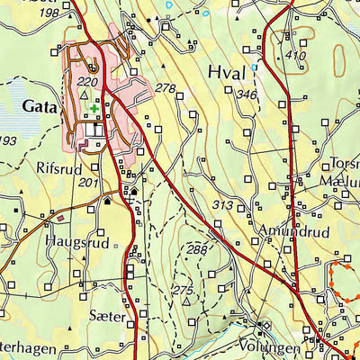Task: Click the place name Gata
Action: coord(37,105)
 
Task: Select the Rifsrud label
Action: coord(59,166)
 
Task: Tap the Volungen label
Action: coord(269,346)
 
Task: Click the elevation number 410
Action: coord(295,56)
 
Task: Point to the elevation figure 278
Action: coord(165,88)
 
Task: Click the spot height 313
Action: coord(223,206)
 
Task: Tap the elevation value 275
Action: coord(183,290)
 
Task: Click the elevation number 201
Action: coord(87,183)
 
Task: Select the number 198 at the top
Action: coord(49,13)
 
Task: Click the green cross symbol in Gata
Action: coord(94,108)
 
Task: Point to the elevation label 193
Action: coord(8,141)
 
